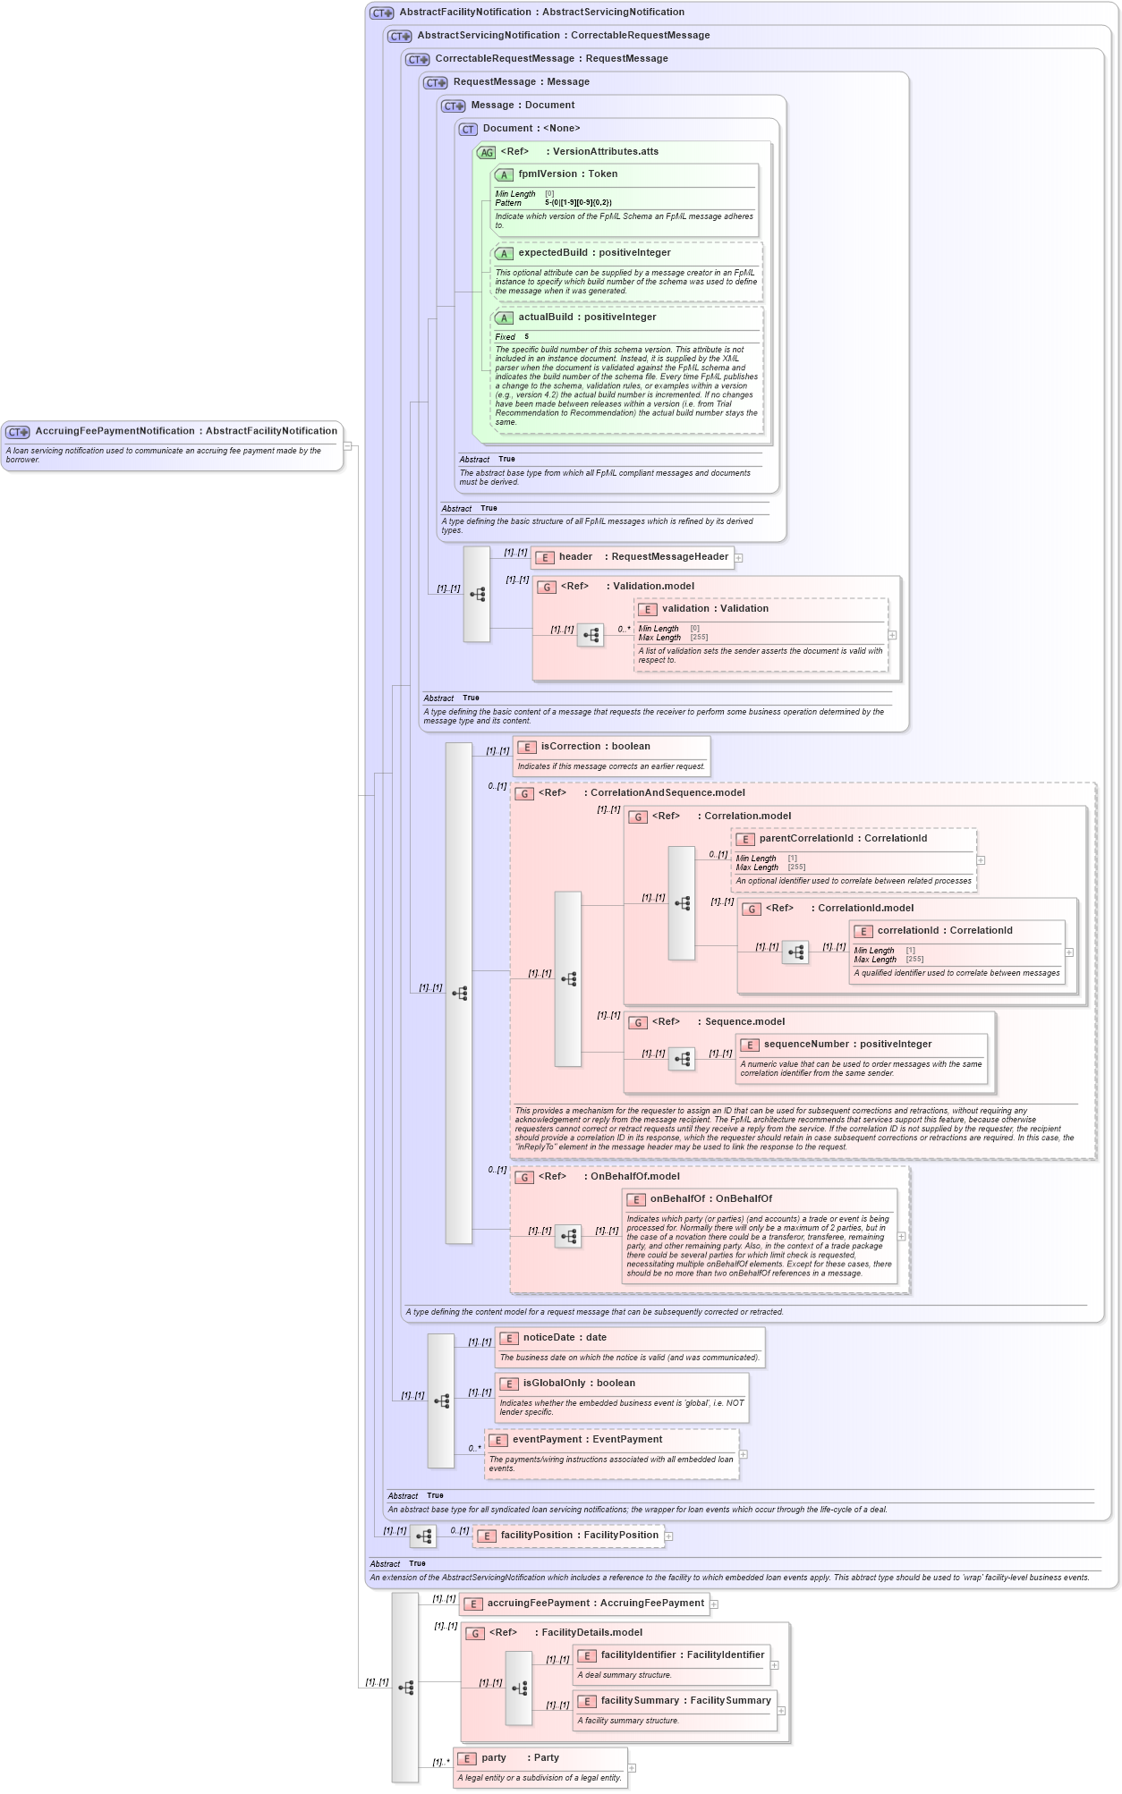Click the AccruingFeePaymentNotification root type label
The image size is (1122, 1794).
(x=185, y=431)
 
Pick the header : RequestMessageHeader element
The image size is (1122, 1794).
(x=643, y=557)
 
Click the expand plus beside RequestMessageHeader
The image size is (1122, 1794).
(x=739, y=558)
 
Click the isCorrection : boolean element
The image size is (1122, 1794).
(x=595, y=747)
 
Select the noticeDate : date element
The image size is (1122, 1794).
(x=565, y=1338)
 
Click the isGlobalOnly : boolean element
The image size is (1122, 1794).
(x=579, y=1384)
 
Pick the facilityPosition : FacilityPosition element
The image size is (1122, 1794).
(x=579, y=1536)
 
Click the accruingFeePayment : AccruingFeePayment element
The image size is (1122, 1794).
(x=595, y=1604)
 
